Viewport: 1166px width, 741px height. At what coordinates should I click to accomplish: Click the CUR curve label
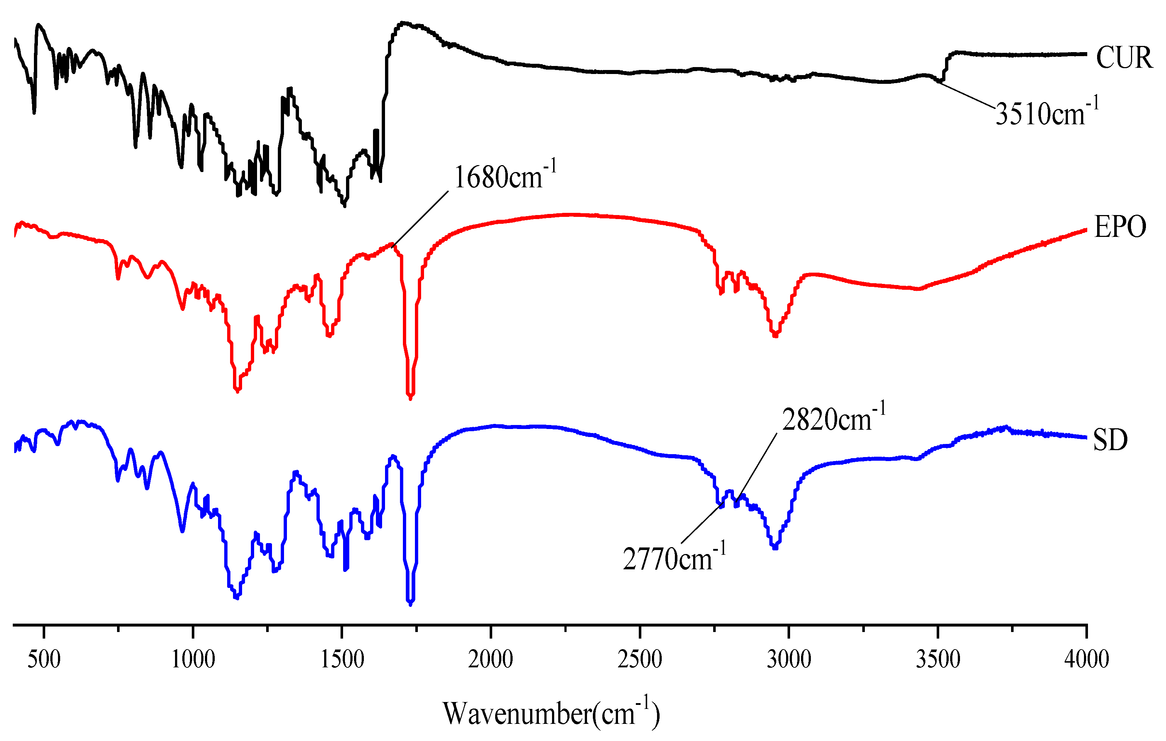tap(1123, 58)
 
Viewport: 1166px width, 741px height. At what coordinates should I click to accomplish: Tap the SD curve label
tap(1110, 440)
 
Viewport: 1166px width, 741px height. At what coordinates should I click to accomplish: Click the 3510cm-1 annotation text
tap(1046, 113)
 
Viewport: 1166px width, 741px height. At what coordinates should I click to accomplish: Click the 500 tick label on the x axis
tap(44, 659)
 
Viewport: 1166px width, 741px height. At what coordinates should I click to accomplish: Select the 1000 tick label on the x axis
tap(193, 659)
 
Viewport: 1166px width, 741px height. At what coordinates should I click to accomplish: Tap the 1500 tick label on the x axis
tap(342, 659)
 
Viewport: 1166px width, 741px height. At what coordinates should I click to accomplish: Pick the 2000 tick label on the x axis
tap(490, 659)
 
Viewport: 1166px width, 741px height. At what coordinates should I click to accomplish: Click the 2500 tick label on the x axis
tap(640, 659)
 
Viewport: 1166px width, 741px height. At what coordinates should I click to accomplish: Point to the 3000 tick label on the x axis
tap(789, 659)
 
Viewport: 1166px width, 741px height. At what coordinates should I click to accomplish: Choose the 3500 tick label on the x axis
tap(938, 659)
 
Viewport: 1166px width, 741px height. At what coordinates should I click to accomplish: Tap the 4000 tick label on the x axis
tap(1086, 659)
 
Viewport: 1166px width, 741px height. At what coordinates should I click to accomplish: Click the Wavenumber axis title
tap(551, 713)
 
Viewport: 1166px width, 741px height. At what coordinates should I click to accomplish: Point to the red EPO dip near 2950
tap(775, 335)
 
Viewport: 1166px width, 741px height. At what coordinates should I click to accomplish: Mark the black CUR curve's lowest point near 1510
tap(344, 205)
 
